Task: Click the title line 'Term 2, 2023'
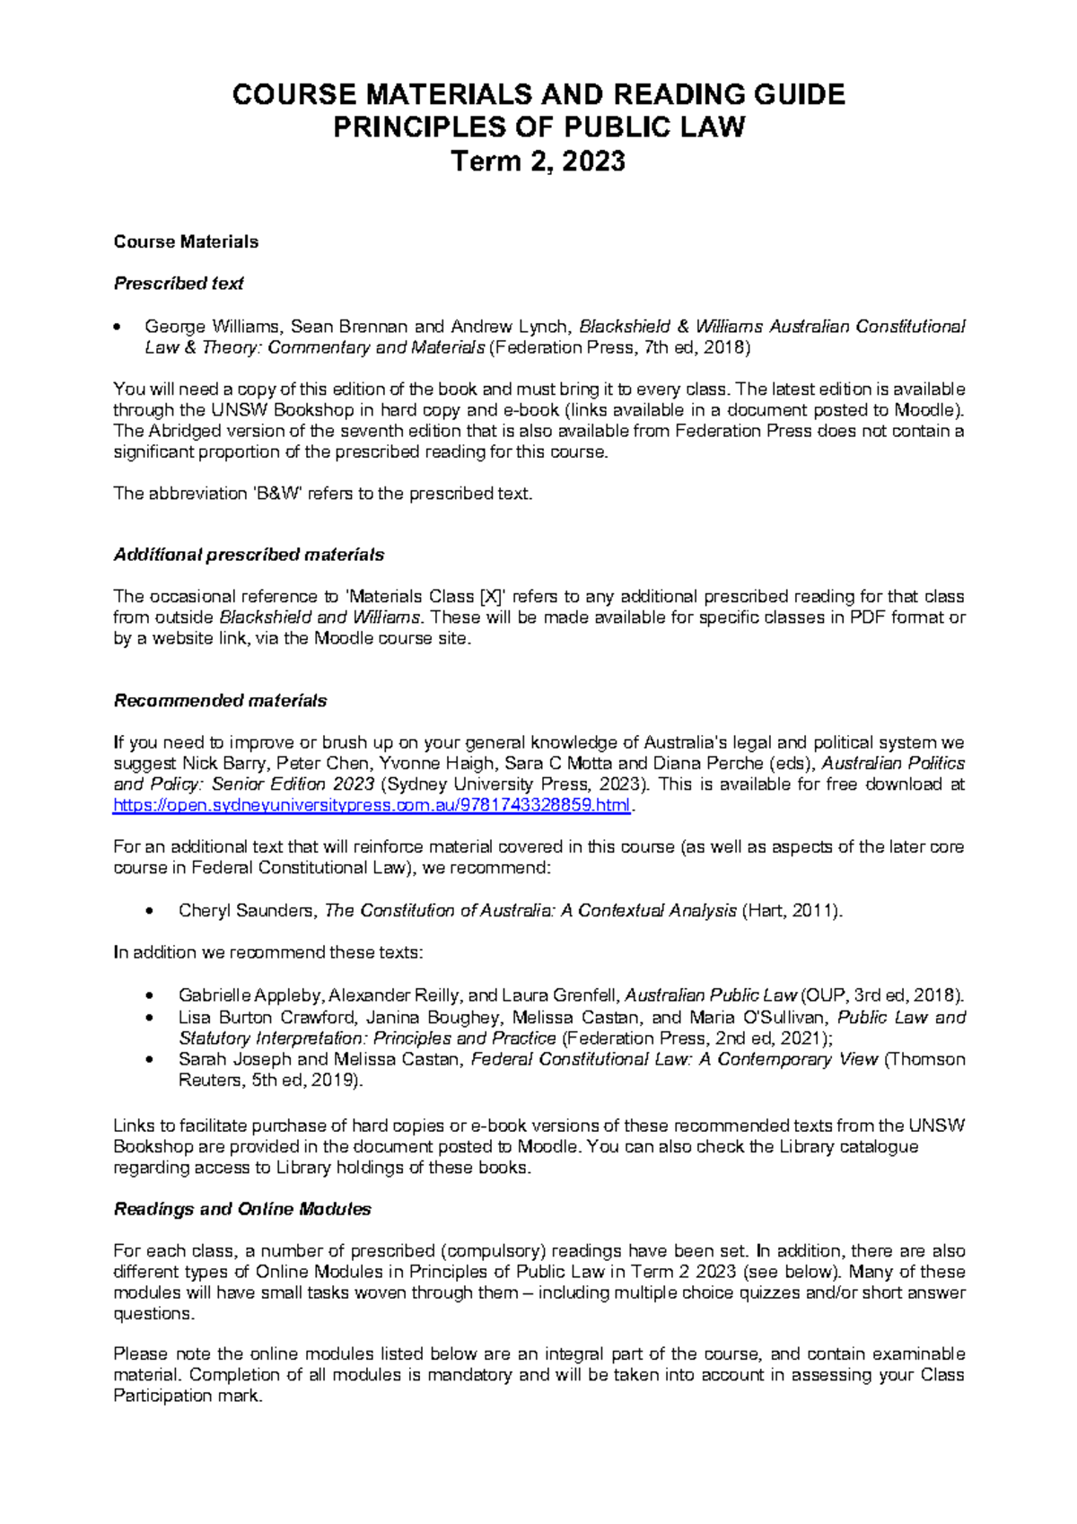point(538,162)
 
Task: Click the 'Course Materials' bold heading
point(186,241)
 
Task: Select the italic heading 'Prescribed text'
point(179,284)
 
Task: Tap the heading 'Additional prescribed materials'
point(249,555)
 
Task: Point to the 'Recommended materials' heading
point(220,701)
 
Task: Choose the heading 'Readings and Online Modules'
point(242,1209)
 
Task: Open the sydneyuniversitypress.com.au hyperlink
point(372,805)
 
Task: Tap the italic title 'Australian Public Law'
point(710,995)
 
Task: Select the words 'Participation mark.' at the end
point(188,1397)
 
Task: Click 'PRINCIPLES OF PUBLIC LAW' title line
point(538,127)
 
